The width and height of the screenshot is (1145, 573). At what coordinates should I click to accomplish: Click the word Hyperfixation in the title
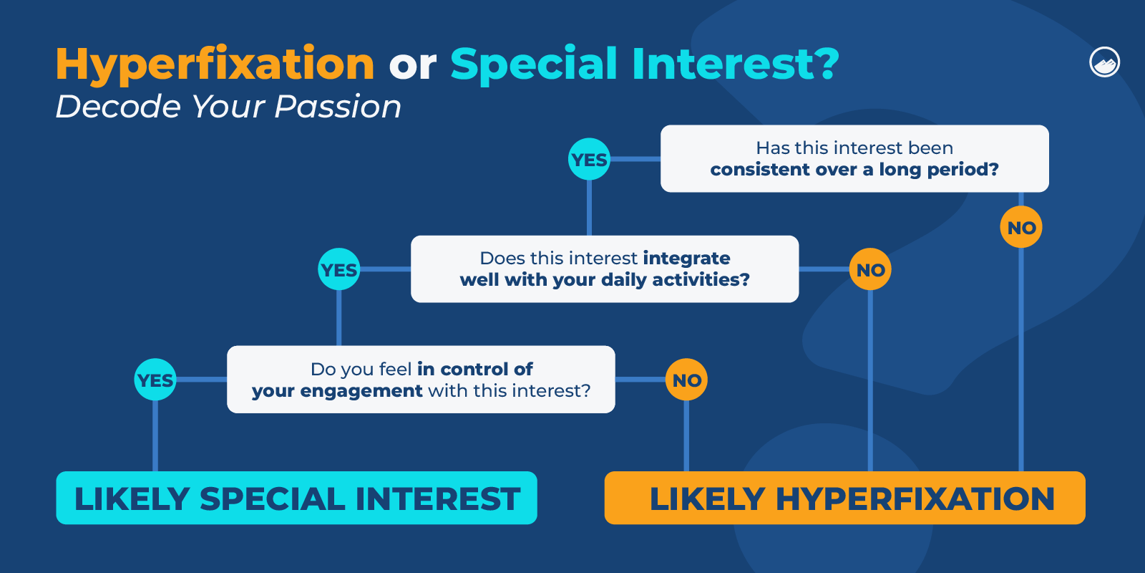pyautogui.click(x=215, y=64)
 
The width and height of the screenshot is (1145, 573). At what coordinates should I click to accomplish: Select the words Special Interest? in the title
pyautogui.click(x=644, y=64)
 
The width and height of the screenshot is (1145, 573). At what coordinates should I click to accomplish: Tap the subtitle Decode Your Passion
pyautogui.click(x=228, y=107)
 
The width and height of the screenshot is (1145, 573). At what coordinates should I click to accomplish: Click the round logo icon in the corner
pyautogui.click(x=1104, y=62)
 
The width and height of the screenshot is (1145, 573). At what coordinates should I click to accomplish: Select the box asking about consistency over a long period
pyautogui.click(x=854, y=158)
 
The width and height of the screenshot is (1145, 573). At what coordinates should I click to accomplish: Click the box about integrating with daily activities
pyautogui.click(x=605, y=269)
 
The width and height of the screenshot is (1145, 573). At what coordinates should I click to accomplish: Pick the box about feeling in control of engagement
pyautogui.click(x=421, y=380)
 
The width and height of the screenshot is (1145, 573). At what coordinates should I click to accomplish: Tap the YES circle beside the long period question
pyautogui.click(x=589, y=159)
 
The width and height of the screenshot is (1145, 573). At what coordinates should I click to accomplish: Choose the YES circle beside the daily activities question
pyautogui.click(x=338, y=269)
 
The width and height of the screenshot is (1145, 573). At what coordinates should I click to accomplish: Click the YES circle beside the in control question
pyautogui.click(x=155, y=380)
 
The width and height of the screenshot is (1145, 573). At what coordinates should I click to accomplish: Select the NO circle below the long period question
pyautogui.click(x=1020, y=228)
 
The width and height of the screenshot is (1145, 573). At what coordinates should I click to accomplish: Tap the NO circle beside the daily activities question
pyautogui.click(x=870, y=270)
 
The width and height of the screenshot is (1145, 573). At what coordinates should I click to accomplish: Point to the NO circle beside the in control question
pyautogui.click(x=686, y=380)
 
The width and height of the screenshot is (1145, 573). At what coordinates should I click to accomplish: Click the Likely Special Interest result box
pyautogui.click(x=296, y=498)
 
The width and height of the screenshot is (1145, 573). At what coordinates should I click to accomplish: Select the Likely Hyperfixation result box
pyautogui.click(x=844, y=498)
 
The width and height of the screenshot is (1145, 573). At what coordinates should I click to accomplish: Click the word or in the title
pyautogui.click(x=412, y=66)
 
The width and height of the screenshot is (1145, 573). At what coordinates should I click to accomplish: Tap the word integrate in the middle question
pyautogui.click(x=686, y=258)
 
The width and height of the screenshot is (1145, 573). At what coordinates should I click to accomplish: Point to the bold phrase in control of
pyautogui.click(x=474, y=369)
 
